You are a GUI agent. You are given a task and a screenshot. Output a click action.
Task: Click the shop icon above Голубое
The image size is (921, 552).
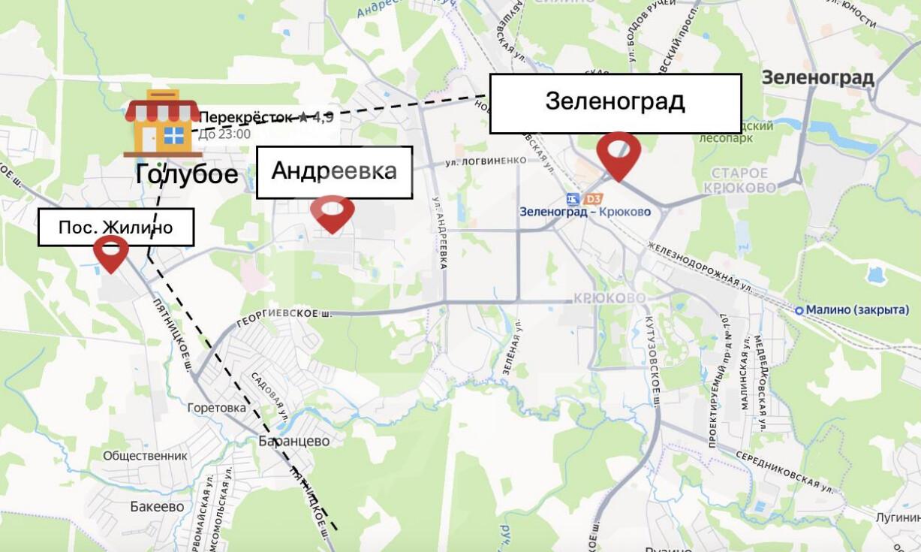(x=163, y=124)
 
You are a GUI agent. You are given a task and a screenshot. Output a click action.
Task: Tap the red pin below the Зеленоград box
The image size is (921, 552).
(x=619, y=155)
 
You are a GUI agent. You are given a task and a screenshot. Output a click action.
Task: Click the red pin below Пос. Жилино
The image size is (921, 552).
(x=110, y=253)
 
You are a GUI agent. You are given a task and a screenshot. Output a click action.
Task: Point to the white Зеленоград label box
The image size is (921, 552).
(x=615, y=103)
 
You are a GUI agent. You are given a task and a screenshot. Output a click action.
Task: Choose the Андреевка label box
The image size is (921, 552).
(x=334, y=172)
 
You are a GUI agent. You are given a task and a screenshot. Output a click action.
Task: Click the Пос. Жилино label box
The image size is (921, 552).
(x=116, y=228)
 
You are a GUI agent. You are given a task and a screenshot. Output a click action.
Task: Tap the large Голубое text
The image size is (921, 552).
(x=187, y=175)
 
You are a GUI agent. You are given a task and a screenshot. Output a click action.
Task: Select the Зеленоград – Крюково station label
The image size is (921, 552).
(x=585, y=212)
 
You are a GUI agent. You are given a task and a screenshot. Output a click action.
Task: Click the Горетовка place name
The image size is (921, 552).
(x=217, y=408)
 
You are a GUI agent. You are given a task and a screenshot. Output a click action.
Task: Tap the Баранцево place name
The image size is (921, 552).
(x=293, y=442)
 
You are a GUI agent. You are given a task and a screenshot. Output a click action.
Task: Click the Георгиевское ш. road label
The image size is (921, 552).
(x=284, y=316)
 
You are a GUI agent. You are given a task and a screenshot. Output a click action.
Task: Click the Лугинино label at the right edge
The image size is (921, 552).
(x=897, y=518)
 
